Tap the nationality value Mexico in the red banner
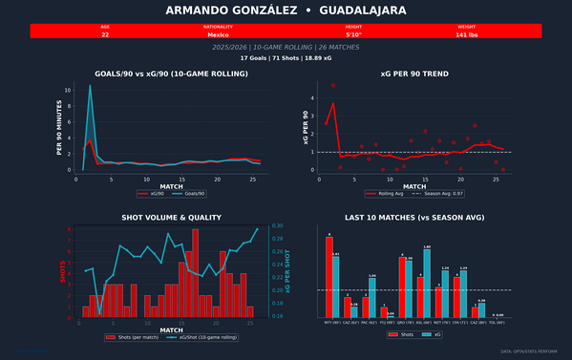click(218, 34)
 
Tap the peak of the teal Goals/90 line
click(90, 86)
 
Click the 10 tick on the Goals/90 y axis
click(67, 90)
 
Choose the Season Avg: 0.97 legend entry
click(438, 192)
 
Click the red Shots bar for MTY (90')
click(329, 276)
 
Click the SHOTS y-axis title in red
click(63, 272)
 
